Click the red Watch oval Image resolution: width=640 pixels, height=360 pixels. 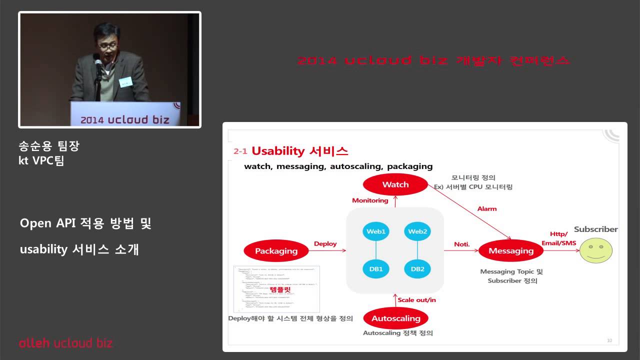click(x=395, y=184)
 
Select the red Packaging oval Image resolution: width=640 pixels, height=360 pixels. click(x=276, y=251)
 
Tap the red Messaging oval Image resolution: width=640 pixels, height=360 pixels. click(x=510, y=251)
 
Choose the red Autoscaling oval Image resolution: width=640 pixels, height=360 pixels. click(x=396, y=318)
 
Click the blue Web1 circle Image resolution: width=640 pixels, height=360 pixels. click(x=376, y=231)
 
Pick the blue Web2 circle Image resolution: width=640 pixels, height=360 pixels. click(x=417, y=231)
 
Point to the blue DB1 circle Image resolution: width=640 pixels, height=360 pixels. click(x=376, y=269)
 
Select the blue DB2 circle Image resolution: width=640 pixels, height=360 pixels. click(x=417, y=269)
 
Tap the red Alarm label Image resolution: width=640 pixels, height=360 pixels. click(x=487, y=208)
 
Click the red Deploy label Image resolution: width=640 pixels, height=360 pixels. click(x=325, y=244)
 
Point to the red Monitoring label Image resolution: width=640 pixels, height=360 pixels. click(x=370, y=200)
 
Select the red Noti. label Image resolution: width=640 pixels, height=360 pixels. click(x=461, y=244)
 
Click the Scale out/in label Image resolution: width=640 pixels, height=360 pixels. click(x=417, y=300)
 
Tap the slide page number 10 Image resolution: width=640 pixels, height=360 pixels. click(x=609, y=340)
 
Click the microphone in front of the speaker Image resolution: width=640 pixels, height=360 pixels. click(x=98, y=64)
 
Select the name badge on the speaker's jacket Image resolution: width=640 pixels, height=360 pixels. click(x=124, y=81)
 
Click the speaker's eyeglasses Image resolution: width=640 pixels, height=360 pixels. click(x=105, y=44)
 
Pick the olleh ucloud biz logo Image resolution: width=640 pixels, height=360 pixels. click(x=65, y=343)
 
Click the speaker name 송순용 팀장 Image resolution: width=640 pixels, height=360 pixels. click(x=49, y=146)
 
